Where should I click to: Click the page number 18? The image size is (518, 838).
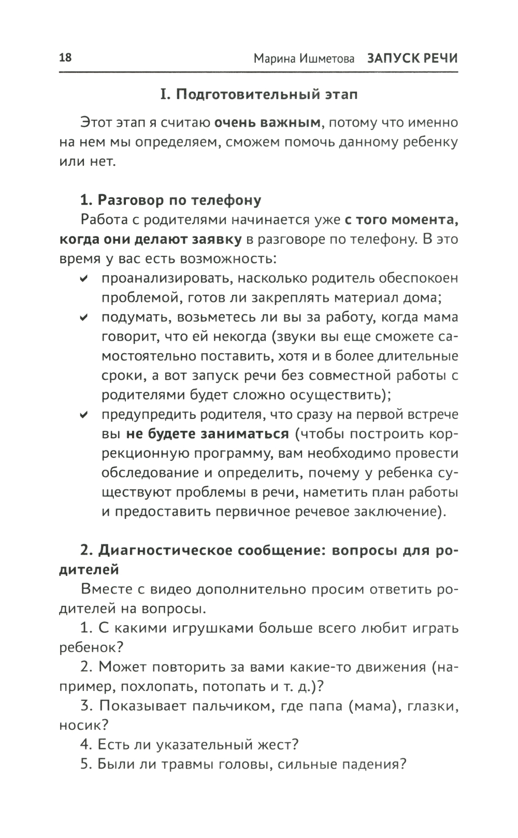pos(66,57)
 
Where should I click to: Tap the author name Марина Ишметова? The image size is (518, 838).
pos(304,59)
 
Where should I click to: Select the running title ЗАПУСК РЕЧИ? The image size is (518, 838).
pos(412,59)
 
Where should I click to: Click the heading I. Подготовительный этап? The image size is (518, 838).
pos(258,95)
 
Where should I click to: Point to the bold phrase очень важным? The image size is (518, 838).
pos(268,123)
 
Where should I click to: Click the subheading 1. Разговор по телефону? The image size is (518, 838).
pos(171,200)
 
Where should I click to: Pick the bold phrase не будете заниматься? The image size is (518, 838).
pos(208,434)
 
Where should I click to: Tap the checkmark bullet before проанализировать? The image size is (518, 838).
pos(83,279)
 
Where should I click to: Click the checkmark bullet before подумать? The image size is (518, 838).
pos(83,318)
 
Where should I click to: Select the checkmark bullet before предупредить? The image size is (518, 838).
pos(83,415)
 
